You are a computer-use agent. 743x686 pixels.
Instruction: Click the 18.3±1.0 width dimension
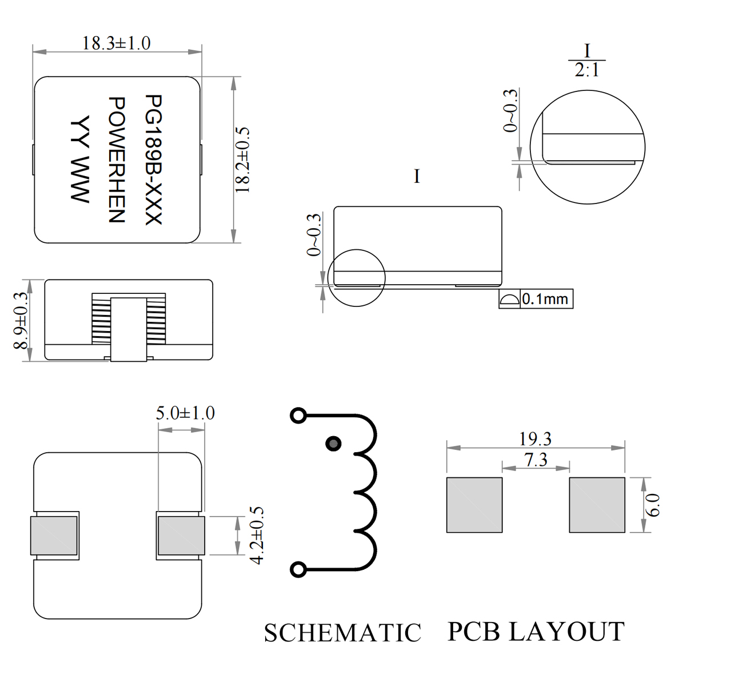pyautogui.click(x=117, y=43)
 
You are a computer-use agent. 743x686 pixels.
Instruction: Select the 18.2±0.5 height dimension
pyautogui.click(x=243, y=159)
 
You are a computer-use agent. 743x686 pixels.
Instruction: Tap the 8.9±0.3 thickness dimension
pyautogui.click(x=21, y=320)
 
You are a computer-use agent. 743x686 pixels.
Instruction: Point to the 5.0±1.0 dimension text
pyautogui.click(x=185, y=413)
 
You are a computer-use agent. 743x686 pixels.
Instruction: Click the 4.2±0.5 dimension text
pyautogui.click(x=257, y=536)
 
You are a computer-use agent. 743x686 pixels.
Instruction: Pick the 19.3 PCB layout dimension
pyautogui.click(x=535, y=439)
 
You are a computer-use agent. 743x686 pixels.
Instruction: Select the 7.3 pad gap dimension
pyautogui.click(x=536, y=460)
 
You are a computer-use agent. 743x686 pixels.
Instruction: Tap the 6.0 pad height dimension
pyautogui.click(x=655, y=505)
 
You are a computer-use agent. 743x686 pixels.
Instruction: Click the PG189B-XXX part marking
pyautogui.click(x=154, y=159)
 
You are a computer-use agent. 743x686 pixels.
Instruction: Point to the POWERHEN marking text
pyautogui.click(x=117, y=159)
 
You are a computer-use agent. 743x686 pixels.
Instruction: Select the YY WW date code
pyautogui.click(x=81, y=159)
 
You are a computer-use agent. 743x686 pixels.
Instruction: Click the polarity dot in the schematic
pyautogui.click(x=334, y=443)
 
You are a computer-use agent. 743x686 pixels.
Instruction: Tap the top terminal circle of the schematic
pyautogui.click(x=298, y=416)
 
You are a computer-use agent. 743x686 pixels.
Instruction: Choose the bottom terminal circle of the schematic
pyautogui.click(x=298, y=569)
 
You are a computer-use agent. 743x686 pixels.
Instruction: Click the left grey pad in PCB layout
pyautogui.click(x=474, y=505)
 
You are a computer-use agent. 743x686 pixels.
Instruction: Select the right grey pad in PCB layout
pyautogui.click(x=597, y=505)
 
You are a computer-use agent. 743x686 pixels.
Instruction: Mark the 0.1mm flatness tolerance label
pyautogui.click(x=545, y=299)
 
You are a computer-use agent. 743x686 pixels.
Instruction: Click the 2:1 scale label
pyautogui.click(x=587, y=70)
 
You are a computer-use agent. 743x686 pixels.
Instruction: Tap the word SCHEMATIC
pyautogui.click(x=342, y=633)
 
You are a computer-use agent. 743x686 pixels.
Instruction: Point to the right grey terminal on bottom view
pyautogui.click(x=181, y=536)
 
